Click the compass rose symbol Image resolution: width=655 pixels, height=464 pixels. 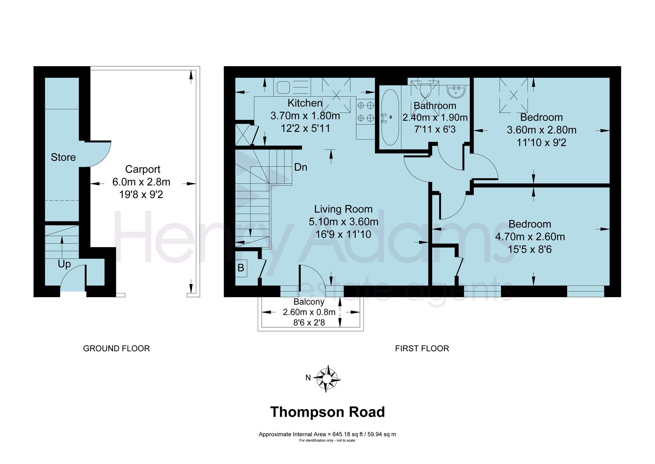(x=327, y=379)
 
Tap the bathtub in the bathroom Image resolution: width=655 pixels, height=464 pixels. (x=390, y=117)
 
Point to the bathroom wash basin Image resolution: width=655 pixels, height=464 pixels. (x=456, y=91)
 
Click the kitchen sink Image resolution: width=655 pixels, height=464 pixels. (x=283, y=88)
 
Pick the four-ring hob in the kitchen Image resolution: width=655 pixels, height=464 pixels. (x=365, y=111)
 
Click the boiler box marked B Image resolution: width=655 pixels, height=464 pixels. (x=241, y=268)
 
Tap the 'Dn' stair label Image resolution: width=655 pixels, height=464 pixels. (x=301, y=167)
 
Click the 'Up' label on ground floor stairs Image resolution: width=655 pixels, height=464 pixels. (x=64, y=264)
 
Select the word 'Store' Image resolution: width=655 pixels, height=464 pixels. (x=63, y=157)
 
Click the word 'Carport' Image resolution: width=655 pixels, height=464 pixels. (x=143, y=169)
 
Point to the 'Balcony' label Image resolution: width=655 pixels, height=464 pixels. (x=309, y=302)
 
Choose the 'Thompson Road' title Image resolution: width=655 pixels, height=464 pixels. (x=327, y=412)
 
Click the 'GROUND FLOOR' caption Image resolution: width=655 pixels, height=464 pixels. (x=117, y=348)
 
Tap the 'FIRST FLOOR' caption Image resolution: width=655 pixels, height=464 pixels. (x=422, y=348)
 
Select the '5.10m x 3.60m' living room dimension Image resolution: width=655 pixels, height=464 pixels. (x=344, y=222)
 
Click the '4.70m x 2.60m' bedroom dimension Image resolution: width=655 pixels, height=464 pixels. (x=530, y=237)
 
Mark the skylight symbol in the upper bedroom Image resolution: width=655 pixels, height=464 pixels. (x=514, y=95)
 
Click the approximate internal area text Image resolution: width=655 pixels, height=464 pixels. (x=327, y=434)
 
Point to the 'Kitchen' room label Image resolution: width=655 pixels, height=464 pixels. (x=305, y=103)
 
